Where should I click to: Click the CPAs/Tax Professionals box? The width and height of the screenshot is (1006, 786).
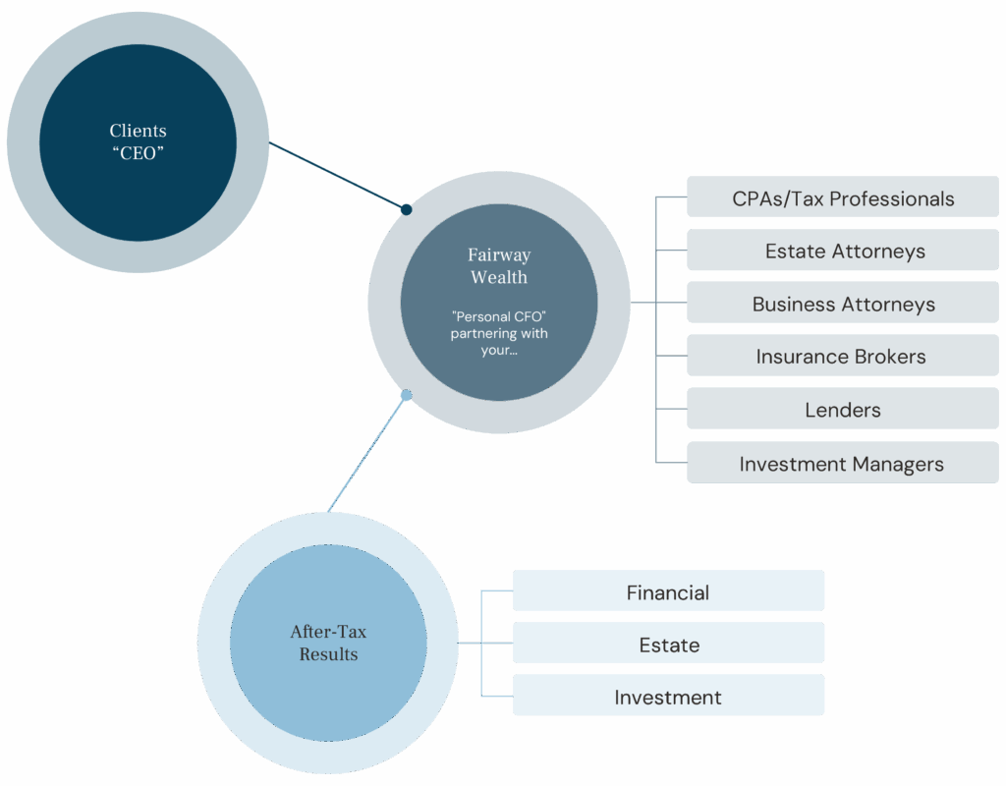842,197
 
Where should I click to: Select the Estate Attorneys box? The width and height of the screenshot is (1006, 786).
842,251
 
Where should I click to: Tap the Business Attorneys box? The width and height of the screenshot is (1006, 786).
842,304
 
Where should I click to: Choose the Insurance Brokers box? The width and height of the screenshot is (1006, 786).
842,356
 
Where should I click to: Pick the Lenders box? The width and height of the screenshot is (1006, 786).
842,409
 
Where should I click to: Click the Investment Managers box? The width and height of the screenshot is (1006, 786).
842,463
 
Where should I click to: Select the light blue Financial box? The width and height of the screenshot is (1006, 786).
668,591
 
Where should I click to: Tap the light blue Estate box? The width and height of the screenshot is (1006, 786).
668,644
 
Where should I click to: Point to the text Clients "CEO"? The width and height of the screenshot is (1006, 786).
138,141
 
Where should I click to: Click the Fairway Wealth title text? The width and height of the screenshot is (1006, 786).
499,265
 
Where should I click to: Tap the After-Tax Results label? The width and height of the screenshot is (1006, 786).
328,643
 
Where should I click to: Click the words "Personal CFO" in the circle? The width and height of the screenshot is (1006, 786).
498,316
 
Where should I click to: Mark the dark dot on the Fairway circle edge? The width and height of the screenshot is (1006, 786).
406,208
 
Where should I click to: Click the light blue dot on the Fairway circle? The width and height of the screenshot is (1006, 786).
406,395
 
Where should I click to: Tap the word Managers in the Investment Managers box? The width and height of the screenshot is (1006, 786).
899,464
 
